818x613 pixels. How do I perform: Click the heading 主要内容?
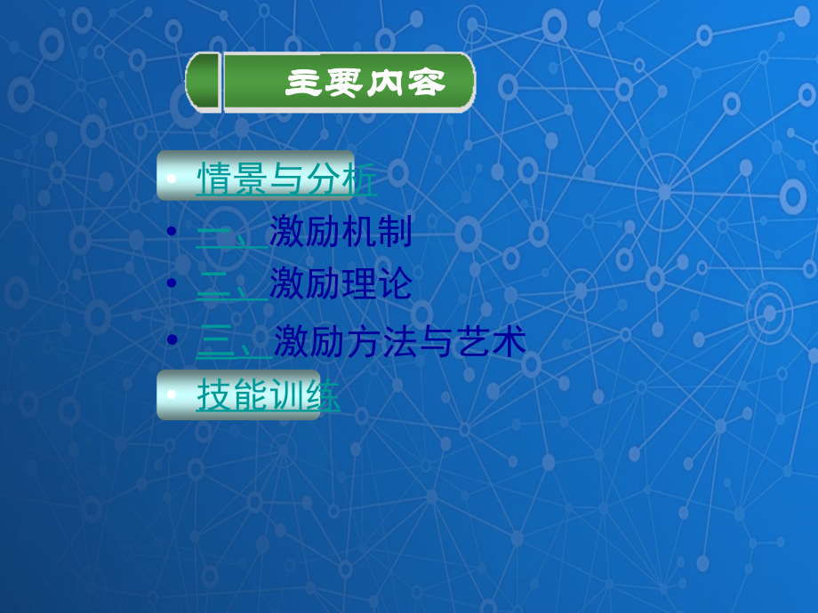coord(365,83)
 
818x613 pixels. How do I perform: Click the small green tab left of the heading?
coord(204,82)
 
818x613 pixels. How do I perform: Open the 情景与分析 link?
coord(285,179)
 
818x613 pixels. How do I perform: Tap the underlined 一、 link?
coord(230,234)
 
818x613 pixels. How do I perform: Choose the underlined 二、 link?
coord(230,285)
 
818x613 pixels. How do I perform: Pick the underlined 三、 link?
coord(233,342)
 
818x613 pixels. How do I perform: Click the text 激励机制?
coord(341,234)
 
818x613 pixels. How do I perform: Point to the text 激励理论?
coord(341,285)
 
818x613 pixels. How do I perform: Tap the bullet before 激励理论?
coord(172,283)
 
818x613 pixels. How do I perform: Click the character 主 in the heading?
coord(302,83)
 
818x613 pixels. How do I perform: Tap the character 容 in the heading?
coord(427,83)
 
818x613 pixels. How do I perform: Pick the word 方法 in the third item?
coord(368,342)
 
